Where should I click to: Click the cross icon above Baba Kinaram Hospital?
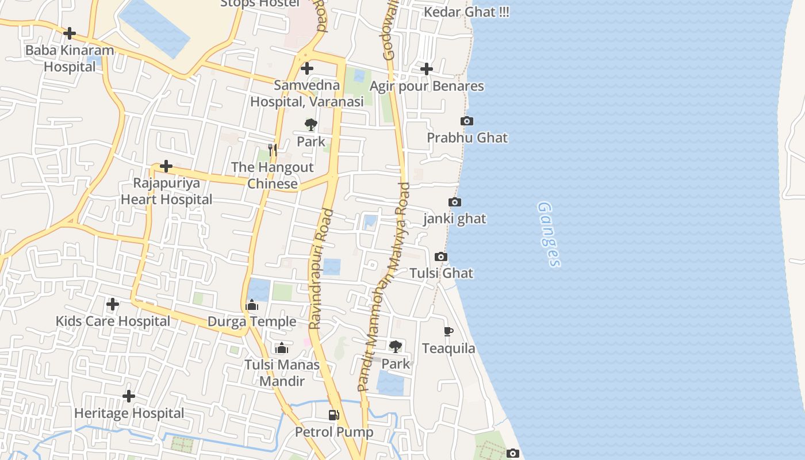[x=70, y=33]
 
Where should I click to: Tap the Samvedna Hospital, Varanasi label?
[x=307, y=94]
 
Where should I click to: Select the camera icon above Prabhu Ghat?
[x=467, y=121]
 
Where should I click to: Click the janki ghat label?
[x=454, y=218]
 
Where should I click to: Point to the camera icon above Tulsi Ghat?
[x=441, y=256]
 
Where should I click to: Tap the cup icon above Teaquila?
[x=448, y=331]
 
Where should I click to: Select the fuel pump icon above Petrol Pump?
[x=333, y=415]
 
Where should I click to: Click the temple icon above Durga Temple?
[x=252, y=305]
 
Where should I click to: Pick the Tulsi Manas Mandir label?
[x=282, y=373]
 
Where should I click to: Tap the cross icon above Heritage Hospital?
[x=129, y=396]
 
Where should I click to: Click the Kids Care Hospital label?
[x=113, y=321]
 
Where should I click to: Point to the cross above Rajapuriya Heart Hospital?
[x=166, y=167]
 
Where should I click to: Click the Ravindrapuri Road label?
[x=321, y=269]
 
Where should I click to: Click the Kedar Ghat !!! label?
[x=466, y=12]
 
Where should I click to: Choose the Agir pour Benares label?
[x=427, y=86]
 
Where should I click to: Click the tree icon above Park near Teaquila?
[x=396, y=346]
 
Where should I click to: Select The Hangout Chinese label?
[x=273, y=175]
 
